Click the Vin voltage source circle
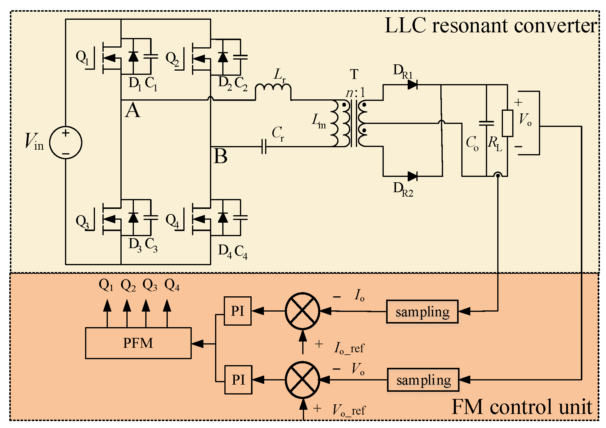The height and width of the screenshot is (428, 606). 66,142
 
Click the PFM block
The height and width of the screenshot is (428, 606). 138,343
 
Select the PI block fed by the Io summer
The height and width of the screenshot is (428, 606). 238,311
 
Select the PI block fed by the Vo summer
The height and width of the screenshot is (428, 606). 238,380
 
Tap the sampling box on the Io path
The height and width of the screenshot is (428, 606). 422,312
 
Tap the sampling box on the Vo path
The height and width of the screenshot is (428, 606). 423,380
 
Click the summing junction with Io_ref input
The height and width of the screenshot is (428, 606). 303,311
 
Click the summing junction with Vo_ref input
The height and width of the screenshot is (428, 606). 303,380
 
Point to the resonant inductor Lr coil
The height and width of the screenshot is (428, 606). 273,88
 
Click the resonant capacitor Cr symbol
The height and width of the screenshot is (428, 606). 264,147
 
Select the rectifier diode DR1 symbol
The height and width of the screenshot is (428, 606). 412,85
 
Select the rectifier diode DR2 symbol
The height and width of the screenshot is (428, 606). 412,176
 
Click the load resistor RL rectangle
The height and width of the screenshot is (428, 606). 507,123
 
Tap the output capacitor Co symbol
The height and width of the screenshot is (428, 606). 486,123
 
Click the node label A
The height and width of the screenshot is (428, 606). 133,110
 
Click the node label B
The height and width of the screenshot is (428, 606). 220,156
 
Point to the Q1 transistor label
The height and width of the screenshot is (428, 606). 82,57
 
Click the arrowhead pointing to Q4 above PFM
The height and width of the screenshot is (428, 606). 167,306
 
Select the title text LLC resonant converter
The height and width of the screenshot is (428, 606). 490,26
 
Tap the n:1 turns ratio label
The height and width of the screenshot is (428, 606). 355,93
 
